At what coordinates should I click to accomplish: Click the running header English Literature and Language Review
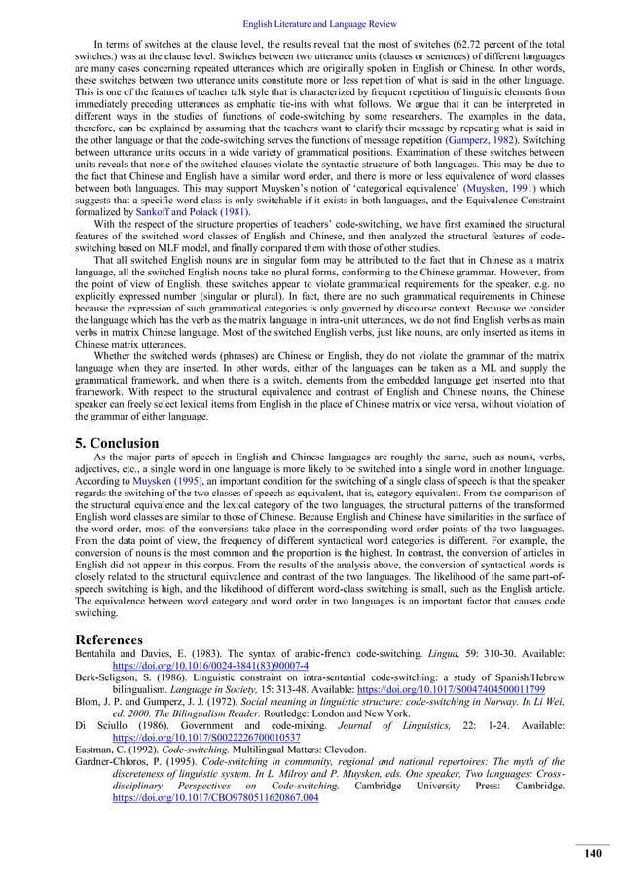(x=310, y=9)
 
